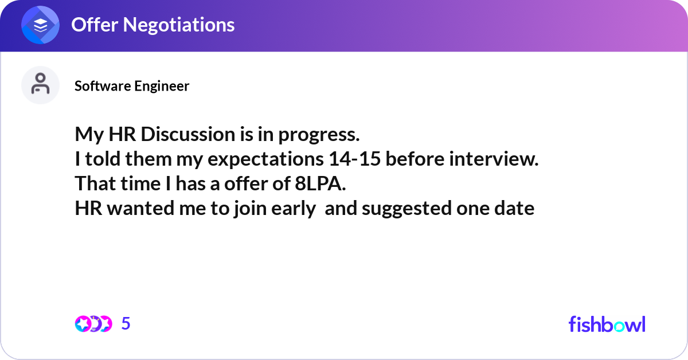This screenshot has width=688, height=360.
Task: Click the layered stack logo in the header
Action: [x=40, y=25]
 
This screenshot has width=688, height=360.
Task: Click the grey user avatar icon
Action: [x=40, y=85]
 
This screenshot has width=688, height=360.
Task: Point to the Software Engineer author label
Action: [x=132, y=86]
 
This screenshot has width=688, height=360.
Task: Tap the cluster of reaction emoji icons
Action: [x=93, y=324]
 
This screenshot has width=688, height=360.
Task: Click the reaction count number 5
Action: [x=126, y=324]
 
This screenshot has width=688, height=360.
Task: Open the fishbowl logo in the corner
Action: [x=607, y=324]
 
